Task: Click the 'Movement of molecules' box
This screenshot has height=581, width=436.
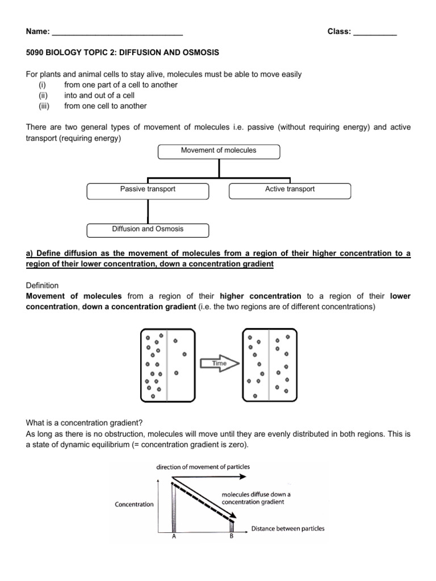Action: pyautogui.click(x=219, y=151)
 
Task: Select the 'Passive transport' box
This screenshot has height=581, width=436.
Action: pyautogui.click(x=148, y=190)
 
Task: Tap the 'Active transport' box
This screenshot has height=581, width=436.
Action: pyautogui.click(x=290, y=190)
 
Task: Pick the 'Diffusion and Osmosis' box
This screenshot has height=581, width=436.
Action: pyautogui.click(x=148, y=230)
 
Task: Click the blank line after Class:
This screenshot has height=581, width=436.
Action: pyautogui.click(x=375, y=32)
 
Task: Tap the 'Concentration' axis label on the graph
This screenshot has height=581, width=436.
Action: pyautogui.click(x=134, y=504)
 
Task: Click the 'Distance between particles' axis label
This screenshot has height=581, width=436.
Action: pyautogui.click(x=288, y=528)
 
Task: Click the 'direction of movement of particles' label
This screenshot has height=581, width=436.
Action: pyautogui.click(x=203, y=466)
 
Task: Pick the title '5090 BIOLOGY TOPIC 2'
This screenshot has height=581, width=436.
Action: pyautogui.click(x=123, y=53)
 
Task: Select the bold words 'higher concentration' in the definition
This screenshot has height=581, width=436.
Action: pyautogui.click(x=260, y=296)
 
